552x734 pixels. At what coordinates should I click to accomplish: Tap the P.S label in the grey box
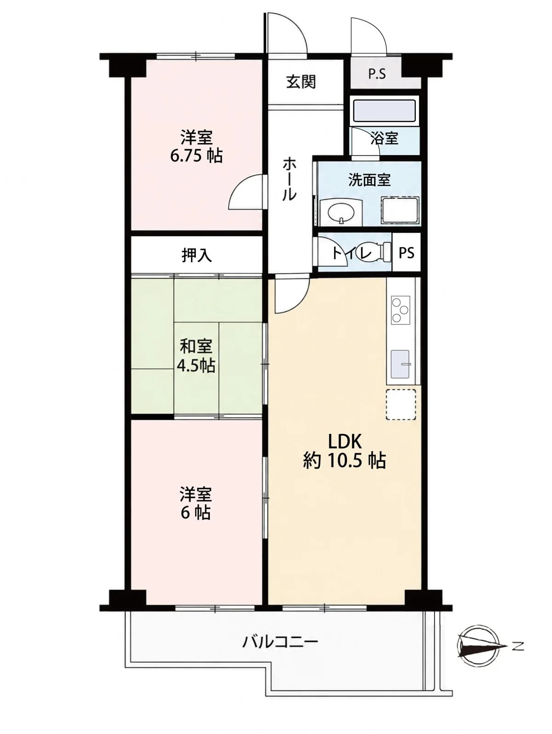click(x=377, y=74)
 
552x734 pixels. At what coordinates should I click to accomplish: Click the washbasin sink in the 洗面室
click(x=341, y=212)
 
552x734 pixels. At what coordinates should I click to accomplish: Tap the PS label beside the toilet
click(x=407, y=253)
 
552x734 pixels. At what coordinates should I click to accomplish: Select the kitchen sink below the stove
click(x=400, y=364)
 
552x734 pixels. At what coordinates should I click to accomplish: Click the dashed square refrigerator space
click(x=401, y=404)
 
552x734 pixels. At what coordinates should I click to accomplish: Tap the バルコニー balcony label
click(x=280, y=642)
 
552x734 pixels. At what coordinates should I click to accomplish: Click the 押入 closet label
click(x=197, y=255)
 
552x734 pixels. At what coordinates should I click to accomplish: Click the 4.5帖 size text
click(x=196, y=366)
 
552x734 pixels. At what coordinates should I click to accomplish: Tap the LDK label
click(x=345, y=442)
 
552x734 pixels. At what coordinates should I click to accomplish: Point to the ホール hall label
click(x=289, y=180)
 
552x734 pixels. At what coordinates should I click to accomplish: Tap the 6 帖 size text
click(x=195, y=513)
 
